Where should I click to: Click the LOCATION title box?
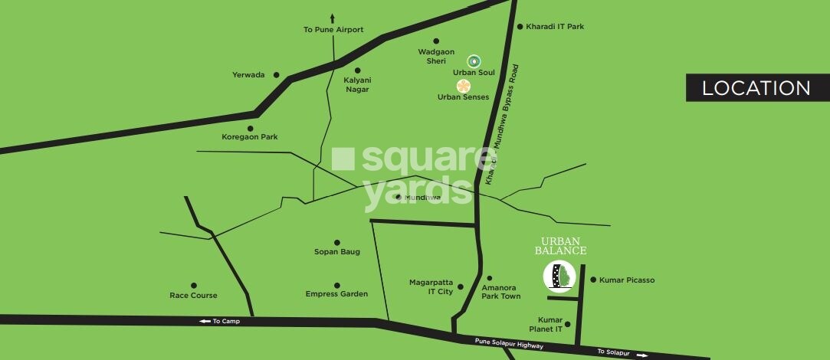tap(756, 88)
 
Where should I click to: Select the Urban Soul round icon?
tap(474, 61)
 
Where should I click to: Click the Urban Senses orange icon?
tap(463, 86)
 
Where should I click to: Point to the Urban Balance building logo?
tap(559, 277)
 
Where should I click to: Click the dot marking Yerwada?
tap(277, 75)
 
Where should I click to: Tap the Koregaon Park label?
tap(249, 137)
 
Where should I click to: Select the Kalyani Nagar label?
tap(356, 84)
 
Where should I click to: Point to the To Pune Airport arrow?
tap(333, 18)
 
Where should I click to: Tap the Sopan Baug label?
tap(336, 252)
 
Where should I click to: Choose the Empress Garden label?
tap(336, 294)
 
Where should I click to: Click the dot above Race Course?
tap(194, 285)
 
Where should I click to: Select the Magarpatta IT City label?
tap(431, 286)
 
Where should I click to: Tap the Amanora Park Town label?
tap(500, 292)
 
